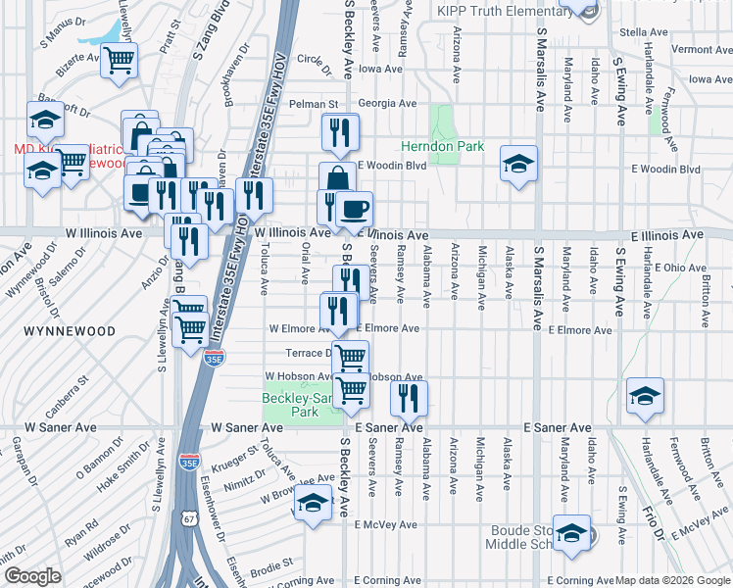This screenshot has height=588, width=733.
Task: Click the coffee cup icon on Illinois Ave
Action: coord(354,209)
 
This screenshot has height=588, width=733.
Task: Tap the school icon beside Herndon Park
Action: coord(518,163)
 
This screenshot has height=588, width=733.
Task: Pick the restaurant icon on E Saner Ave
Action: coord(409,397)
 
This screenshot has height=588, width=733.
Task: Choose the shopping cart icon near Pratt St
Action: coord(119,60)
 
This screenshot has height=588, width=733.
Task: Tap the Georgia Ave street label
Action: coord(380,102)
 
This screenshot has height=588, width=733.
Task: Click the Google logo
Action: coord(32,576)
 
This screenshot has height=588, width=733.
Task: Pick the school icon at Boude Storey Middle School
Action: coord(571,533)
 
